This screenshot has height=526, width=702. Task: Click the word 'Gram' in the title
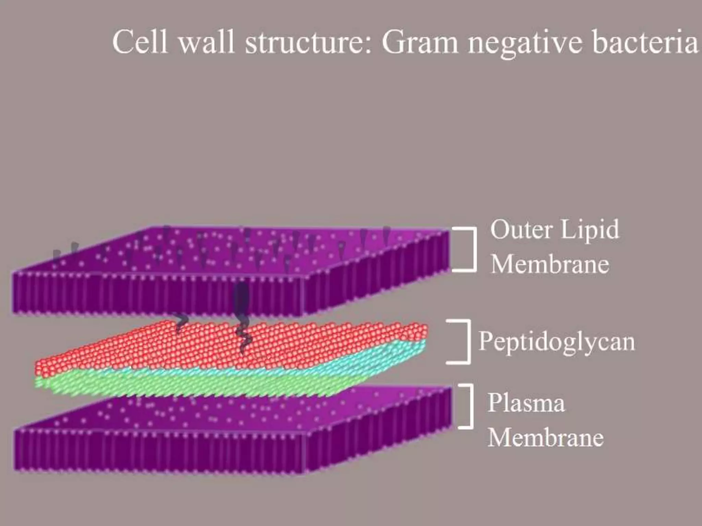coord(420,43)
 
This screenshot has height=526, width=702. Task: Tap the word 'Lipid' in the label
coord(590,230)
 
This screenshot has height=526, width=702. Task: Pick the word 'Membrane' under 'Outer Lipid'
coord(550,265)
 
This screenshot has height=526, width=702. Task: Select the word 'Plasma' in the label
coord(526,403)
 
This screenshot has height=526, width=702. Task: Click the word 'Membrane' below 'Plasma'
coord(545,438)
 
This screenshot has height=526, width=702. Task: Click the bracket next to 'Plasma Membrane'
coord(468,406)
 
